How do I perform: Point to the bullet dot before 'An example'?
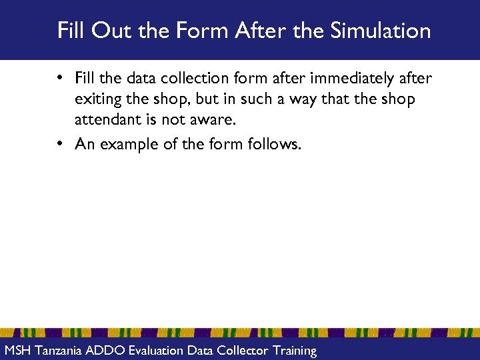tap(60, 144)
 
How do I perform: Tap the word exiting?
tap(99, 101)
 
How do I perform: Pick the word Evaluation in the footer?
tap(157, 350)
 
